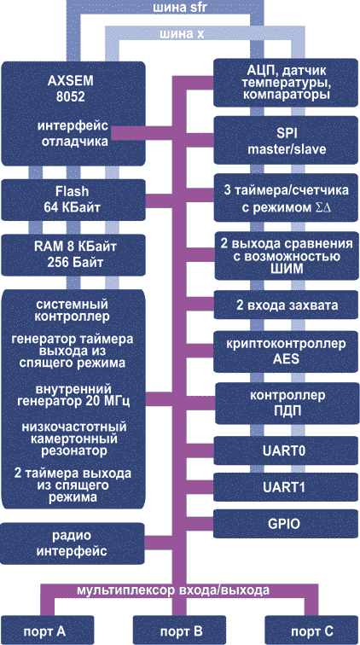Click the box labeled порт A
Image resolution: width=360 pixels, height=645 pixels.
[46, 630]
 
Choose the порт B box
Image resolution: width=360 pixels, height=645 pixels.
[180, 630]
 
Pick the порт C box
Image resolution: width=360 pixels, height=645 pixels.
[312, 630]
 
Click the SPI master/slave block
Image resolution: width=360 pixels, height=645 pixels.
[286, 141]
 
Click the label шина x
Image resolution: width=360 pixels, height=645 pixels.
[183, 34]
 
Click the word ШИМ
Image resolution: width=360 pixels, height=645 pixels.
[286, 270]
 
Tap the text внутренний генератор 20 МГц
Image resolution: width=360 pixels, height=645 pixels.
[73, 394]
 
